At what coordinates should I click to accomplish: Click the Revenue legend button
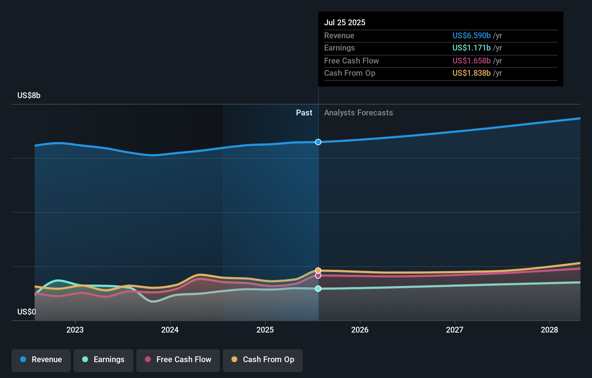(x=41, y=360)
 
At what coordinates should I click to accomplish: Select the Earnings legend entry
(x=103, y=360)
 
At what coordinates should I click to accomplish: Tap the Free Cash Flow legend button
(x=178, y=360)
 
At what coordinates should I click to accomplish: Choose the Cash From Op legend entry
(x=263, y=360)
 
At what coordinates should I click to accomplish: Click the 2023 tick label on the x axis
(x=75, y=330)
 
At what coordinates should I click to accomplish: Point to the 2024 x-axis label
(x=170, y=330)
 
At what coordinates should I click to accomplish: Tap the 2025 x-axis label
(x=265, y=330)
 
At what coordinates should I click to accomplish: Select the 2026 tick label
(x=360, y=330)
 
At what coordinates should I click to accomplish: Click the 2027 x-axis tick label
(x=455, y=330)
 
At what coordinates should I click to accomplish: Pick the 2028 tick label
(x=549, y=330)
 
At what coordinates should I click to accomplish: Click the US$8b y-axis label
(x=29, y=96)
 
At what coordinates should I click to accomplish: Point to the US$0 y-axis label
(x=27, y=312)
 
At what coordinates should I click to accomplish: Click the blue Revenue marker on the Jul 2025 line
(x=318, y=142)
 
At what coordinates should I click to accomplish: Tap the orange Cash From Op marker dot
(x=318, y=271)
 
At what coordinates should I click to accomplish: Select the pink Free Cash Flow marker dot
(x=318, y=276)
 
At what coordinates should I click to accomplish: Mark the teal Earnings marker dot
(x=318, y=289)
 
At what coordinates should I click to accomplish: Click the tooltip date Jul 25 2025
(x=345, y=22)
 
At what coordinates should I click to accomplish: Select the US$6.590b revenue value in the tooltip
(x=471, y=35)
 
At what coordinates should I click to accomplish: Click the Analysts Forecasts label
(x=358, y=113)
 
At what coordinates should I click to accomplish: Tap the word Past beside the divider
(x=304, y=113)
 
